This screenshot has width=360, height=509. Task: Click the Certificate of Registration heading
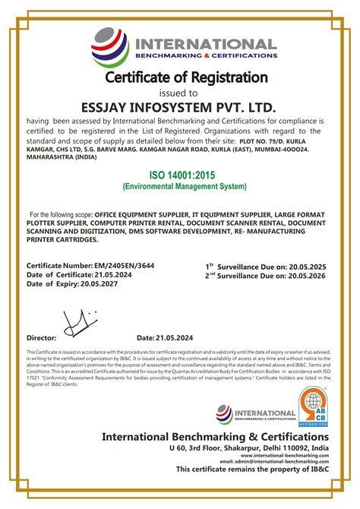pos(186,77)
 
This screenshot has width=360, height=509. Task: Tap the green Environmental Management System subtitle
pos(185,186)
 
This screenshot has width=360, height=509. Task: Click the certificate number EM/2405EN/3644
pos(118,266)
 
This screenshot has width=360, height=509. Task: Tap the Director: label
pos(42,337)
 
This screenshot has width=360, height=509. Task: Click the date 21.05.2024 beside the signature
pos(176,337)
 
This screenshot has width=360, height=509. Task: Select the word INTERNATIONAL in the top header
pos(206,43)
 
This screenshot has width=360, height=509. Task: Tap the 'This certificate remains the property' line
pos(253,469)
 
